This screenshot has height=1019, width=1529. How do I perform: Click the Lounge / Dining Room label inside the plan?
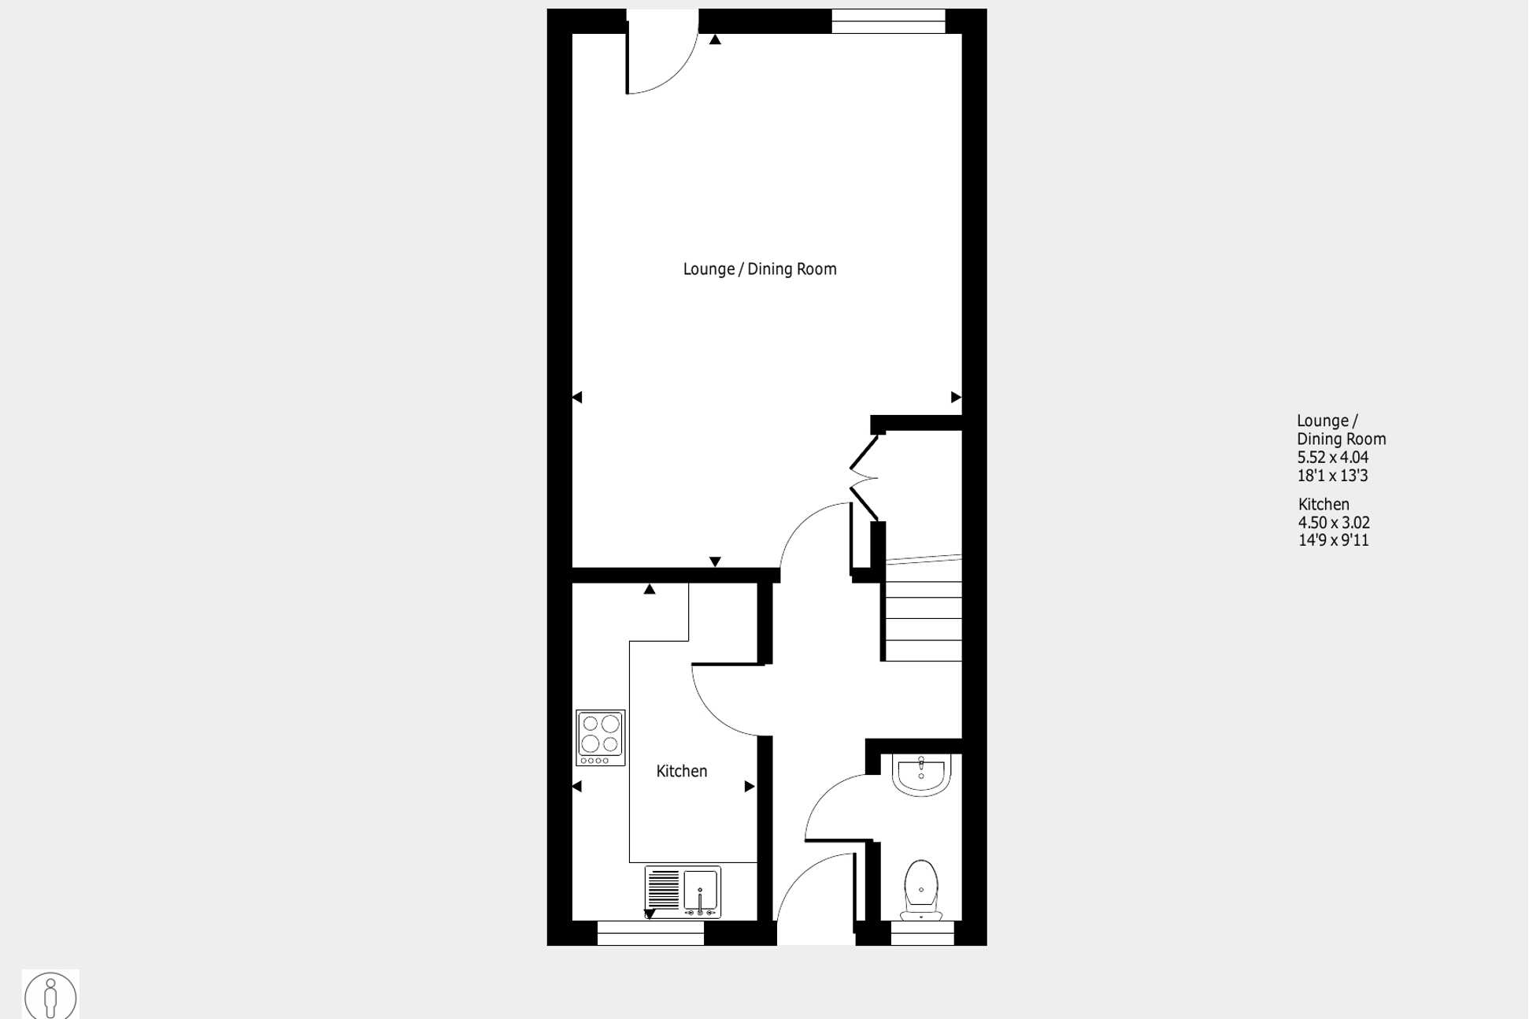pyautogui.click(x=760, y=269)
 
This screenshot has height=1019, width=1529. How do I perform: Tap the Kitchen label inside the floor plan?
pyautogui.click(x=682, y=772)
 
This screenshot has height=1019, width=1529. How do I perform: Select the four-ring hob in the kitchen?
pyautogui.click(x=601, y=738)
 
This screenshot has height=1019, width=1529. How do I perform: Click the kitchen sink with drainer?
pyautogui.click(x=683, y=892)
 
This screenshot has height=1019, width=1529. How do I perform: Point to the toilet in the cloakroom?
pyautogui.click(x=921, y=891)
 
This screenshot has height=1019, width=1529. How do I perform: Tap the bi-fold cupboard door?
pyautogui.click(x=864, y=477)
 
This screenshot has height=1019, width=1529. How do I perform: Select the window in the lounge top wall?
pyautogui.click(x=888, y=21)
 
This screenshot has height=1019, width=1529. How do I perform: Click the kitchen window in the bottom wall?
pyautogui.click(x=650, y=933)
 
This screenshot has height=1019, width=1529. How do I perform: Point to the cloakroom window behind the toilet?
pyautogui.click(x=922, y=933)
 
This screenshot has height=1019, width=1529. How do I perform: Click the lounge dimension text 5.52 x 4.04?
pyautogui.click(x=1333, y=458)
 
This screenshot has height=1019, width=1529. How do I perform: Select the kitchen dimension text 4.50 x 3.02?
pyautogui.click(x=1334, y=523)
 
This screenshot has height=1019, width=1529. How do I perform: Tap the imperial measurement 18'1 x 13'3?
pyautogui.click(x=1333, y=476)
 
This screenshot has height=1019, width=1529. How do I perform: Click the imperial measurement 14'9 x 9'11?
pyautogui.click(x=1333, y=540)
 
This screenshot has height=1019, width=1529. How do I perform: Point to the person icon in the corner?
pyautogui.click(x=50, y=996)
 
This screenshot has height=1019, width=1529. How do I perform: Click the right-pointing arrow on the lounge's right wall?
pyautogui.click(x=956, y=398)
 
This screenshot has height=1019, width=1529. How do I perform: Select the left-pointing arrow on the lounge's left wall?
pyautogui.click(x=577, y=398)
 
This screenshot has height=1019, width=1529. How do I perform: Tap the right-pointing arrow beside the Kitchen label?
pyautogui.click(x=750, y=787)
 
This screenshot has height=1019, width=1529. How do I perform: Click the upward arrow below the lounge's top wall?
pyautogui.click(x=715, y=39)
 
